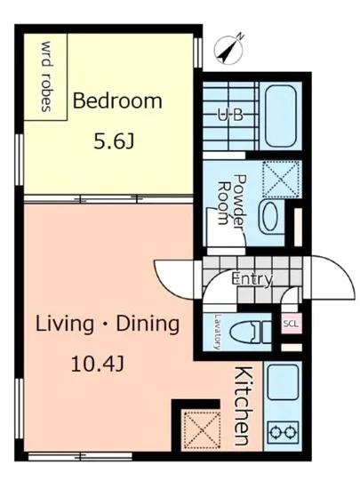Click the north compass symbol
pyautogui.click(x=229, y=49)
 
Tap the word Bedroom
pyautogui.click(x=117, y=100)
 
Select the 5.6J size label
pyautogui.click(x=114, y=142)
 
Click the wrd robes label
pyautogui.click(x=46, y=76)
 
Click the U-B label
pyautogui.click(x=230, y=116)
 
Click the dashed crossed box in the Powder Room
pyautogui.click(x=281, y=179)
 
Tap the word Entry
pyautogui.click(x=252, y=279)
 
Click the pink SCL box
pyautogui.click(x=292, y=324)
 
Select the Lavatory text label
pyautogui.click(x=216, y=332)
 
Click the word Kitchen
pyautogui.click(x=242, y=406)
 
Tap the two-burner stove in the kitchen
pyautogui.click(x=284, y=432)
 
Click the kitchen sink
pyautogui.click(x=283, y=382)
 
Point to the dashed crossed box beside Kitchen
pyautogui.click(x=202, y=430)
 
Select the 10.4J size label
pyautogui.click(x=98, y=365)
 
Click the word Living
pyautogui.click(x=65, y=325)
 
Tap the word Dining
pyautogui.click(x=148, y=325)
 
